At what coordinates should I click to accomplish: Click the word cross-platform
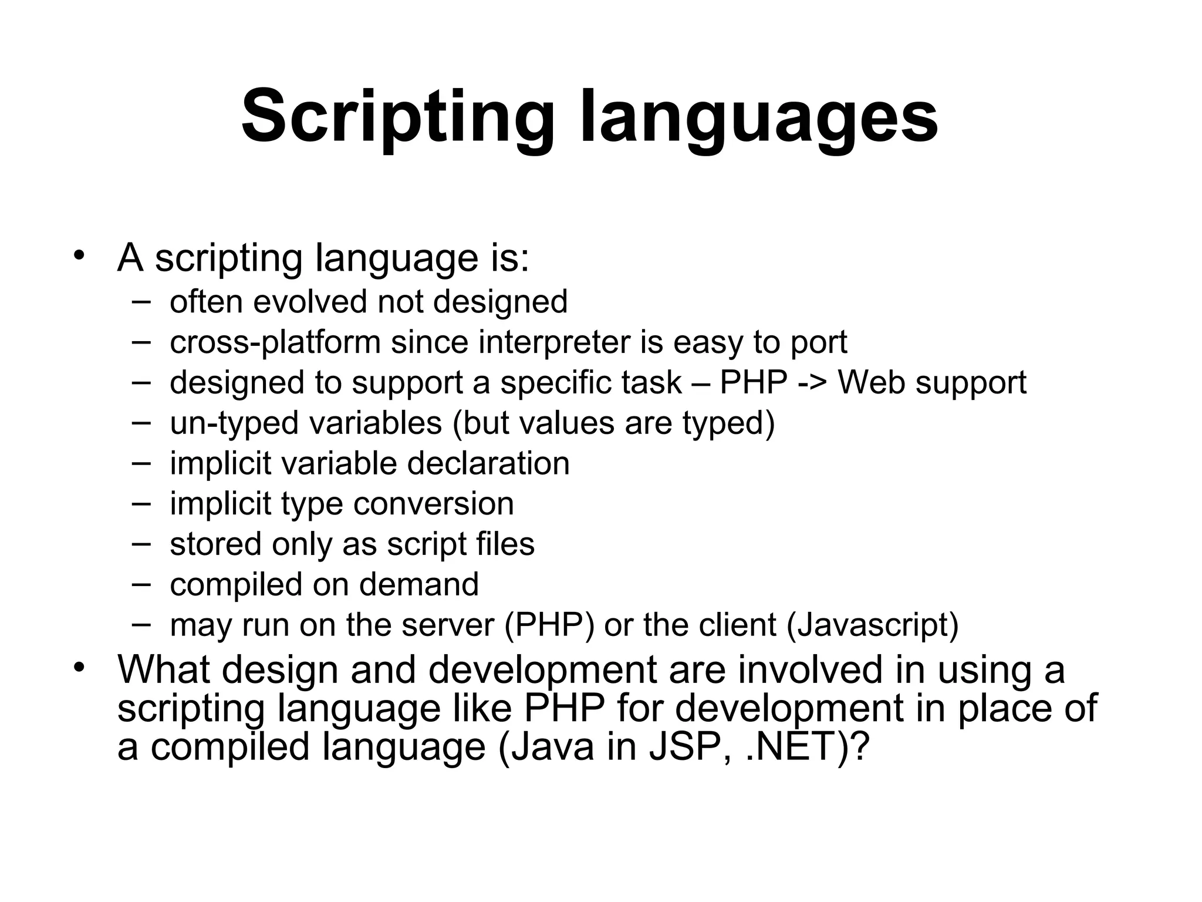(275, 342)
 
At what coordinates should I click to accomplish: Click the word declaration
(488, 463)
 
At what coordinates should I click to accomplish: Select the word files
(505, 544)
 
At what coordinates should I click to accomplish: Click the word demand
(418, 584)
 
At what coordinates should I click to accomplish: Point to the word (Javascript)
(872, 625)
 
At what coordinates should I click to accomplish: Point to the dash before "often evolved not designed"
(141, 302)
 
